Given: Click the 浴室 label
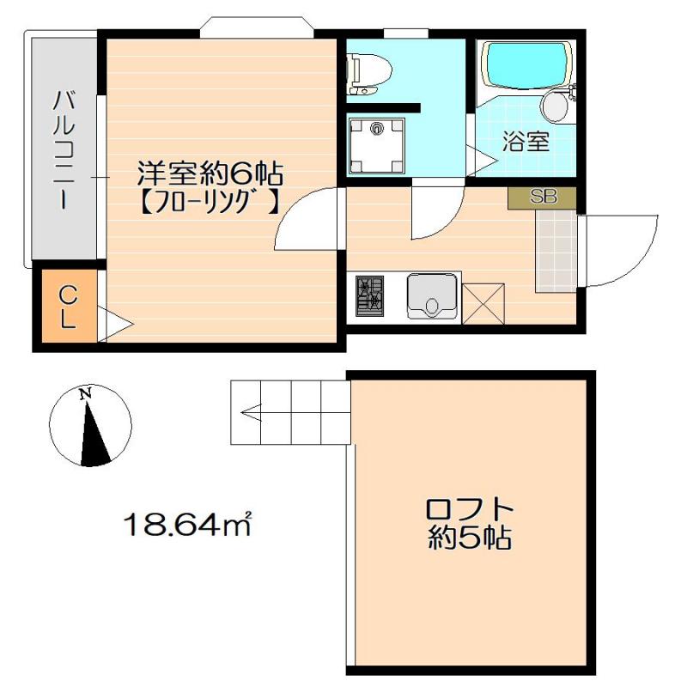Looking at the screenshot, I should tap(526, 142).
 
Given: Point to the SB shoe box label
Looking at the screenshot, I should tap(543, 197).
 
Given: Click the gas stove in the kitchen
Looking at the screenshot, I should tap(370, 298).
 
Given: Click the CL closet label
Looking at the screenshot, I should tap(68, 307).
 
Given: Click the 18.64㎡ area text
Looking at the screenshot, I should tap(187, 522).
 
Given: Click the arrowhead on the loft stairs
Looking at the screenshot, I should tap(248, 413).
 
